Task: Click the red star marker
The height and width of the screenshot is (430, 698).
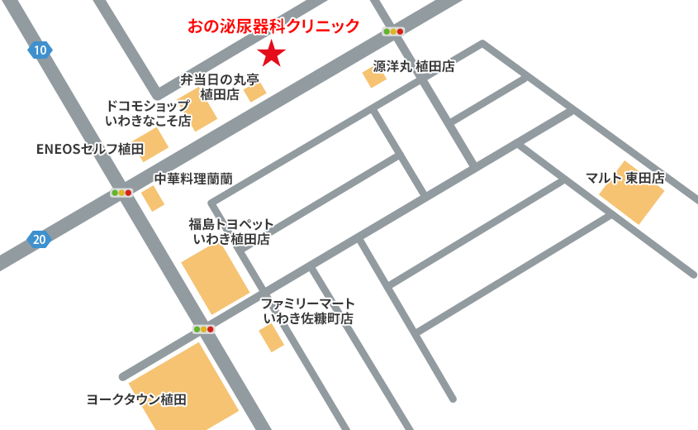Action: click(x=272, y=55)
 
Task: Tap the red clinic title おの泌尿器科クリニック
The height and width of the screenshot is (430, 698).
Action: click(x=274, y=26)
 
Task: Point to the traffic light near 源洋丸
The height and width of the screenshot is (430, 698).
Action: click(x=393, y=31)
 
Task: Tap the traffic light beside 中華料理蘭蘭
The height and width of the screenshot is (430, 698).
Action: click(x=121, y=193)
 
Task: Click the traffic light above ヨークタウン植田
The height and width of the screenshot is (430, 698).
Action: click(x=203, y=329)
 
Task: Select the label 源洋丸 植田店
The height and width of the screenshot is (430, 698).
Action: click(x=413, y=67)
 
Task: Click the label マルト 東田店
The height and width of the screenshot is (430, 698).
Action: click(x=624, y=178)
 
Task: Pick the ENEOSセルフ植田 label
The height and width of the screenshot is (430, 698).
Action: click(x=91, y=150)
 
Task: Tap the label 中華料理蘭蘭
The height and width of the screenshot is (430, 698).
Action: click(x=193, y=179)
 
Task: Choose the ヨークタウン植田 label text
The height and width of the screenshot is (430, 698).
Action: click(x=137, y=399)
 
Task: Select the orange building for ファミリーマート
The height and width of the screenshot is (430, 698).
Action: click(x=271, y=337)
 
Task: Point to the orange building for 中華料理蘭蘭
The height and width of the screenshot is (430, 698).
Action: click(x=152, y=198)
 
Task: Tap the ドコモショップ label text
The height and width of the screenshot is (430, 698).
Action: click(x=149, y=113)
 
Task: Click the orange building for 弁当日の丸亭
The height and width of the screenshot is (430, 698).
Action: click(x=254, y=91)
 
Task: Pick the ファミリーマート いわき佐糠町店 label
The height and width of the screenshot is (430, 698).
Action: click(x=308, y=310)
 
